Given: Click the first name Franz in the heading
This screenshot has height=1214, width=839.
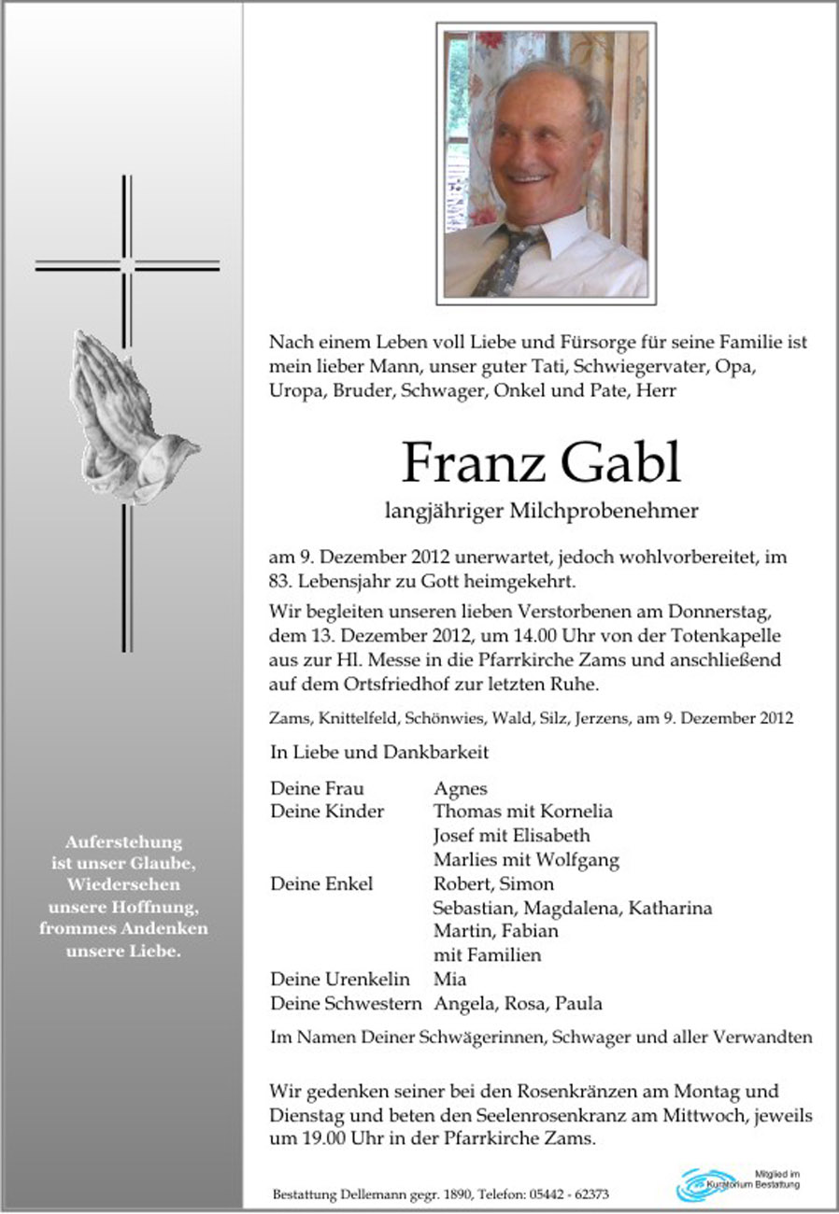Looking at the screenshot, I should (467, 462).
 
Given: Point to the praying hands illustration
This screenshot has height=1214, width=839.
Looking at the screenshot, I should (126, 411).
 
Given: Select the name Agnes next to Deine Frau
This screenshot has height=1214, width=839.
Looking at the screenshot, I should (461, 788).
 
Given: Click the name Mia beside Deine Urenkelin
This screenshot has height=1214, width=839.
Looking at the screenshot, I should (450, 979).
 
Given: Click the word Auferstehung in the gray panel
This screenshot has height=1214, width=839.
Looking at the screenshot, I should (123, 841).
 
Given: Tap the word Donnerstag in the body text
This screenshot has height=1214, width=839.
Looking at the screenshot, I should (727, 612).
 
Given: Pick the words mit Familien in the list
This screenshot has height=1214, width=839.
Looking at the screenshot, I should (488, 955).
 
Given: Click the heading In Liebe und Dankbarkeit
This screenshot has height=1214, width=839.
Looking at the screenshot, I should (379, 751).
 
